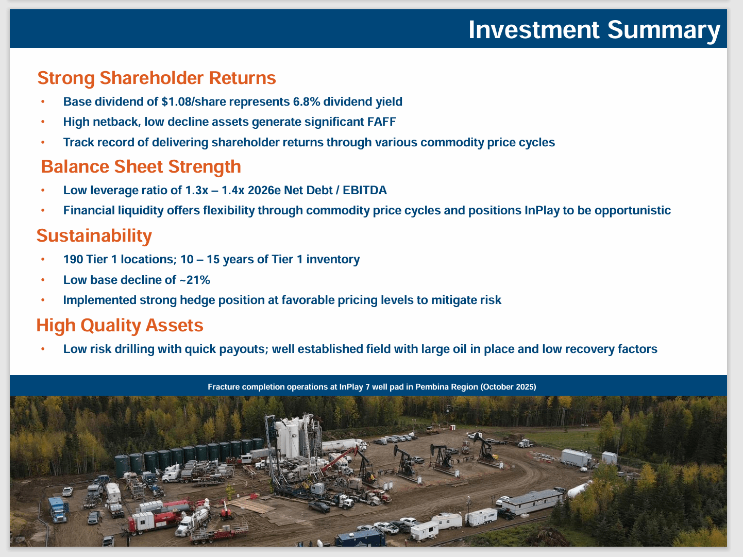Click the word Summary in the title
664,30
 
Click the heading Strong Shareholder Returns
157,78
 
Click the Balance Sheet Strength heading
141,166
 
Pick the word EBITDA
365,190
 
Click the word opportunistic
633,210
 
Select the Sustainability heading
94,235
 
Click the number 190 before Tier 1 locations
73,259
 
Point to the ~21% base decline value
195,280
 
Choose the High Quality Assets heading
120,325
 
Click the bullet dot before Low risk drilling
43,349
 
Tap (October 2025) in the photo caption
508,387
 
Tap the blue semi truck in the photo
58,510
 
